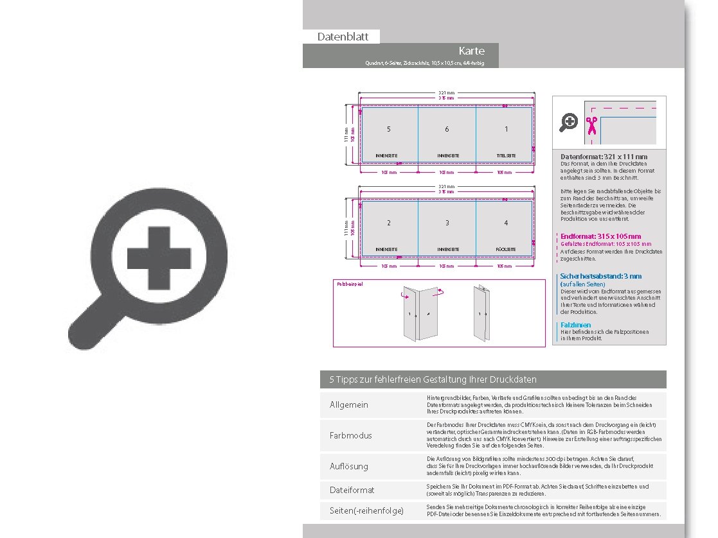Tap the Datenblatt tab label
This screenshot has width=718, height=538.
pos(343,37)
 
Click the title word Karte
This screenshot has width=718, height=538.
pos(471,51)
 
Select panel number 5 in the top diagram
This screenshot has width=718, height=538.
pos(388,130)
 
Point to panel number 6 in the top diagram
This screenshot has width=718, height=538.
pos(447,130)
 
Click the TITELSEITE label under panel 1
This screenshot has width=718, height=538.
pos(505,156)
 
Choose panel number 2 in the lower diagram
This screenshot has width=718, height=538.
pos(388,223)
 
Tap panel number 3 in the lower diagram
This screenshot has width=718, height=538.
pos(447,223)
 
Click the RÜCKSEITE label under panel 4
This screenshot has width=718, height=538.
pos(505,249)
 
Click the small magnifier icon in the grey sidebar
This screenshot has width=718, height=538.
pos(569,122)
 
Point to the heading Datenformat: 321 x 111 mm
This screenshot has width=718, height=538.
pos(604,157)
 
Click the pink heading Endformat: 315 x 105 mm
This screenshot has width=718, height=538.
pos(600,236)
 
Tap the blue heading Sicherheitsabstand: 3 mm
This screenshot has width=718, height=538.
pos(600,276)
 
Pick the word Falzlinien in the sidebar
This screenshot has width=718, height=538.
pos(575,325)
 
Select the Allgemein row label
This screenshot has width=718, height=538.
pos(349,405)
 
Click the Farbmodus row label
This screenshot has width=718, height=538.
pos(350,435)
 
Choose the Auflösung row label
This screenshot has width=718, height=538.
pos(349,466)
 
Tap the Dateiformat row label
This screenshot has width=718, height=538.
pos(352,490)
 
